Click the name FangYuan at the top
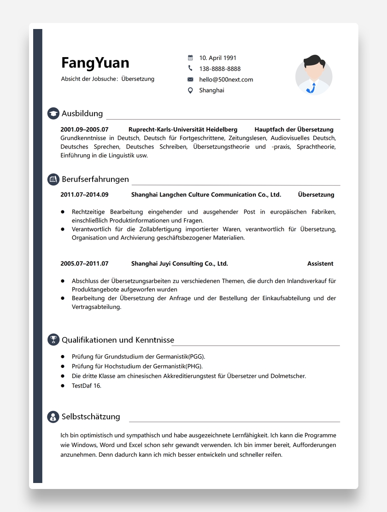[95, 63]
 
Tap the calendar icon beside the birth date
[190, 58]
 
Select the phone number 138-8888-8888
[220, 69]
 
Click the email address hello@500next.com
[226, 79]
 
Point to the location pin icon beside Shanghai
[190, 90]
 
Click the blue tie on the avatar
[313, 87]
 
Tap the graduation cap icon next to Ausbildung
[53, 114]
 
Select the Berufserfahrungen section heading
[95, 179]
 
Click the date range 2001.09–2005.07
[84, 129]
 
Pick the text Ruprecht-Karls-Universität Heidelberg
[183, 129]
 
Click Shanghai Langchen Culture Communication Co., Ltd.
[206, 194]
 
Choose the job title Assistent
[320, 263]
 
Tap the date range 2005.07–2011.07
[84, 263]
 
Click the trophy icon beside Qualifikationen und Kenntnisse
[53, 340]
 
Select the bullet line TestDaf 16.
[86, 385]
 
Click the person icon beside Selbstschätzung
[53, 417]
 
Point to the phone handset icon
[190, 69]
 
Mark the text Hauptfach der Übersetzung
[293, 129]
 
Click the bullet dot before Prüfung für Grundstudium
[63, 356]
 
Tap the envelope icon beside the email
[190, 79]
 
